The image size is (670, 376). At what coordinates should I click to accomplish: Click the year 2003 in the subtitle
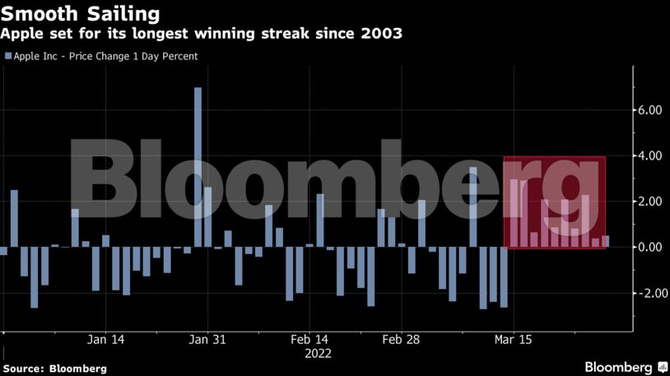point(381,35)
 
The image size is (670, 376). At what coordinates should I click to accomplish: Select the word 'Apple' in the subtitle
point(24,35)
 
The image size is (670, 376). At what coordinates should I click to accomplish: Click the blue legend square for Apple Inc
point(8,57)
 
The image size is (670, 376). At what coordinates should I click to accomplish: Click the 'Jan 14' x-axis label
point(106,339)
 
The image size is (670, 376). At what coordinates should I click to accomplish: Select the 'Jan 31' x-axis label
point(207,339)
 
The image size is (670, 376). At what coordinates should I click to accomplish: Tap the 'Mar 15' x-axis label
point(513,339)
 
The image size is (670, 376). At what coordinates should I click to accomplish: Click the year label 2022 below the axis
point(318,354)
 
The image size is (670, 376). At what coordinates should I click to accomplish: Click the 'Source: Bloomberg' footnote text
point(55,368)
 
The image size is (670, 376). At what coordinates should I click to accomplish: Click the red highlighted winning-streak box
point(555,202)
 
